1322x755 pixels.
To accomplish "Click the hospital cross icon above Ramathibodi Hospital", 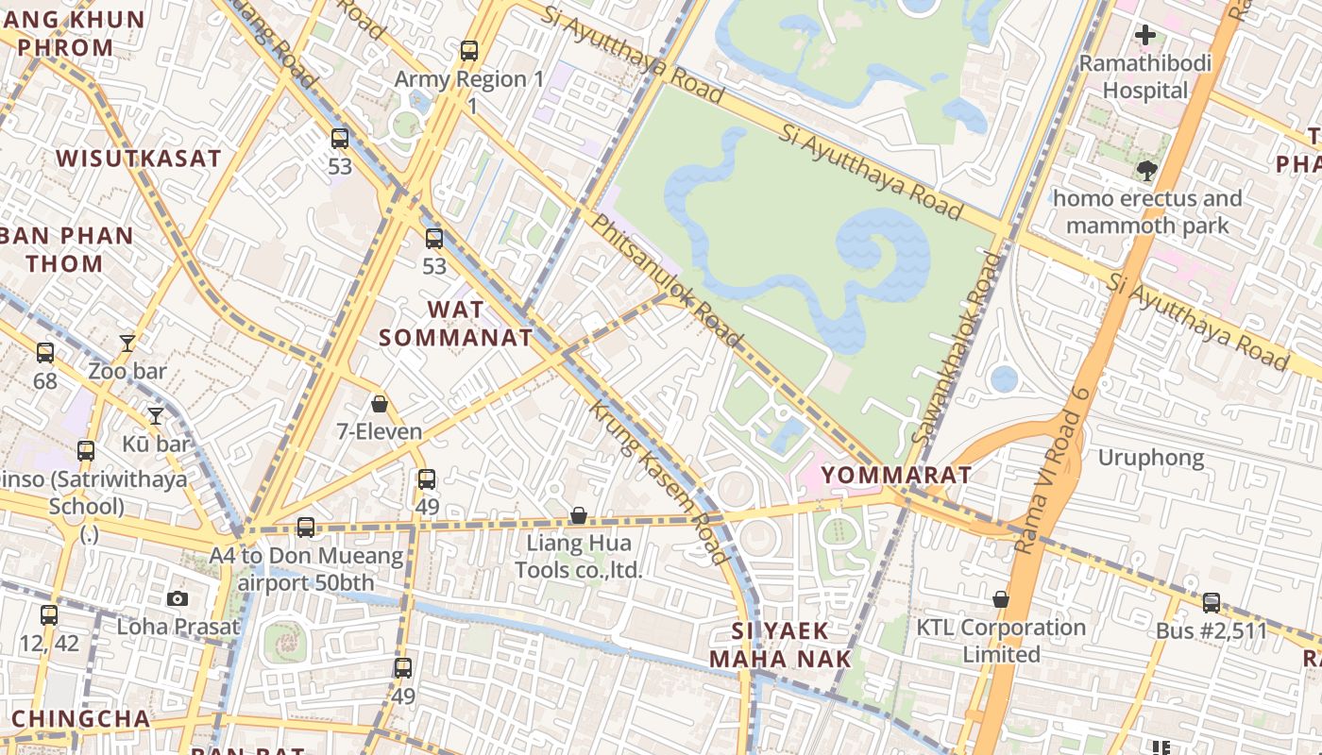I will (x=1145, y=36).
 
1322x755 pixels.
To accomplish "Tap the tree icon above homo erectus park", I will (x=1147, y=171).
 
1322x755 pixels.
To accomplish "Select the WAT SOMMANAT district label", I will (x=456, y=323).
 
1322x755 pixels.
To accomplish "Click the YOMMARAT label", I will (x=896, y=475).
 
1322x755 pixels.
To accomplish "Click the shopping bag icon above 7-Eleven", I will (x=380, y=404).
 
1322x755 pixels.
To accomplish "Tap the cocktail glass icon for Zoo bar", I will (x=127, y=343).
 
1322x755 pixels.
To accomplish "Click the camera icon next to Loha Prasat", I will (x=177, y=598).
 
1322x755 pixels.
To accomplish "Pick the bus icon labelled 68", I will (x=45, y=353).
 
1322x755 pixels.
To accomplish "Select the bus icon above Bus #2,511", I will (x=1212, y=602).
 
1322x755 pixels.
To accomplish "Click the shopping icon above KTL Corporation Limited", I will (x=1001, y=599).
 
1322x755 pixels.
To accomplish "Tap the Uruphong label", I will (x=1150, y=458).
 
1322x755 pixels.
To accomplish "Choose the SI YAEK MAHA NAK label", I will (x=780, y=645).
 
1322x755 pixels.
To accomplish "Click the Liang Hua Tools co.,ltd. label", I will (x=579, y=556).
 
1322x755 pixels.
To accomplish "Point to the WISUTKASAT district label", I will (x=139, y=159).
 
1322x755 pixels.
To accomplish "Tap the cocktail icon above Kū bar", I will (x=156, y=415).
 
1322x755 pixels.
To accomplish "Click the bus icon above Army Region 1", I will (x=469, y=51).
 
